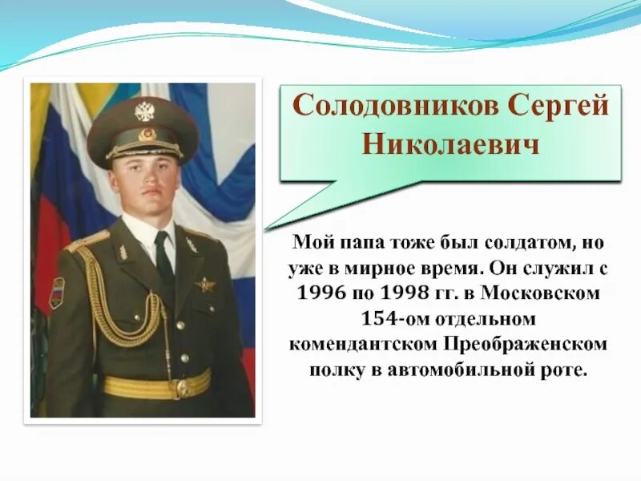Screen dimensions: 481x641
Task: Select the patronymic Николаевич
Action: [x=452, y=144]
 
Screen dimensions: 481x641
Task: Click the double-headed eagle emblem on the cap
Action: [x=144, y=111]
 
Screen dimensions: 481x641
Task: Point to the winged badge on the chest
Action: [x=205, y=284]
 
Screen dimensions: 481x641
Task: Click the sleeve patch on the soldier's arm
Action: [x=57, y=293]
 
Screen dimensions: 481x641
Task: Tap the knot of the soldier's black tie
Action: [x=162, y=240]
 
